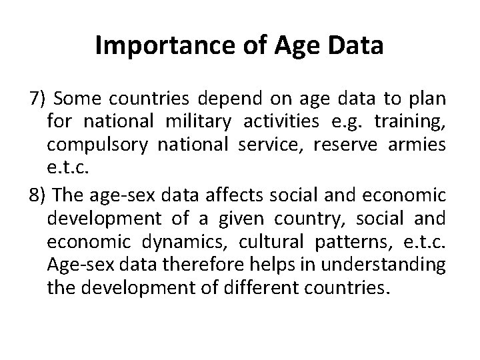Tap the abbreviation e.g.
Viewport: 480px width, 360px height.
tap(353, 123)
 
